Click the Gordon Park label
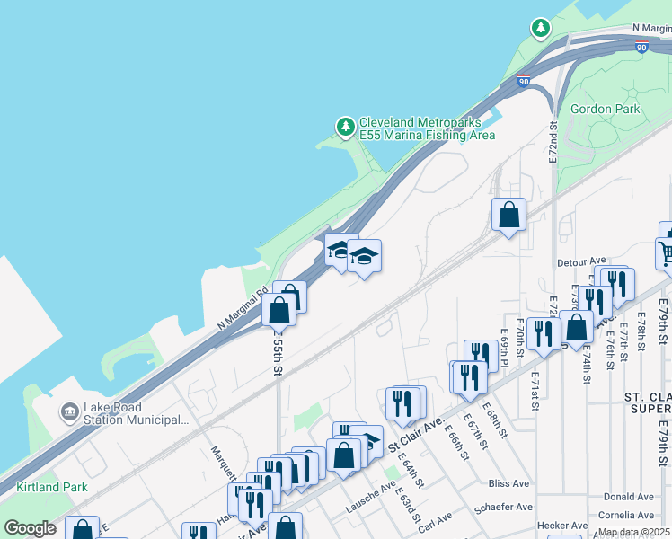[606, 109]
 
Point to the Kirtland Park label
[52, 488]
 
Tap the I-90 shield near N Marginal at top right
[641, 47]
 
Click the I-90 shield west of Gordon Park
[523, 82]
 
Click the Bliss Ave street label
[509, 483]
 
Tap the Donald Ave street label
[628, 496]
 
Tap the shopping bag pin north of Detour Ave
[508, 216]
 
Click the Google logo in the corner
[30, 528]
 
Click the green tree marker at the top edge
[540, 29]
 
